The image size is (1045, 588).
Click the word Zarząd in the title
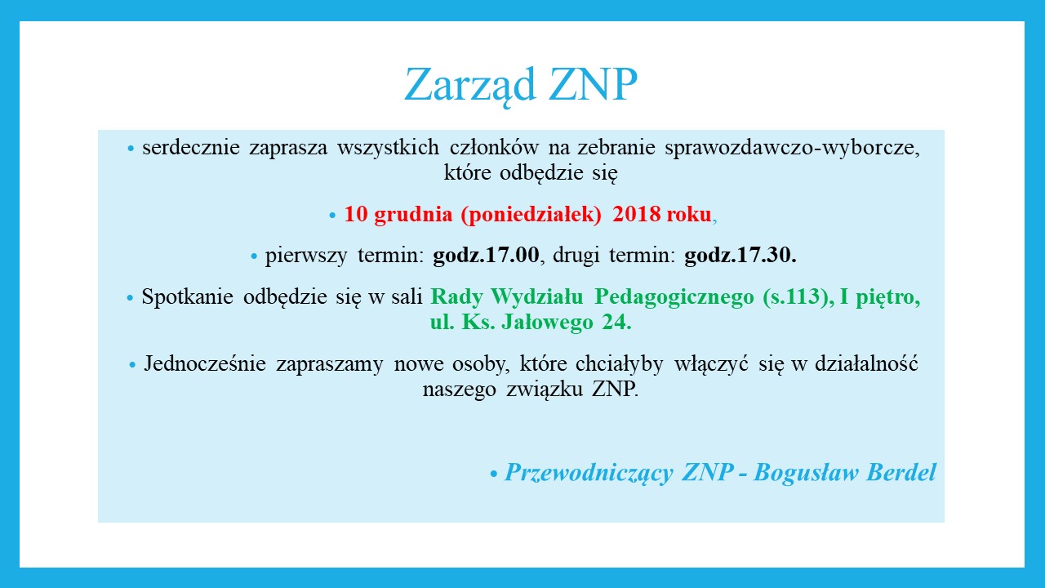[x=462, y=85]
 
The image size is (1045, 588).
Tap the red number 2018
[x=637, y=215]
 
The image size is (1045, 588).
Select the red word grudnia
[x=413, y=215]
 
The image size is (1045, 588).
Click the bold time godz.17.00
[x=487, y=256]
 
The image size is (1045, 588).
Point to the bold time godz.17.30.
[x=740, y=256]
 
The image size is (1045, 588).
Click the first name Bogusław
[x=806, y=473]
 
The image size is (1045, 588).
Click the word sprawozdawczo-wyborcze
[x=793, y=149]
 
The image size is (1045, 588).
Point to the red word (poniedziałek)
[x=531, y=215]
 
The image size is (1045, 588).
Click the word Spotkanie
[x=187, y=297]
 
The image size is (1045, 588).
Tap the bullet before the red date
[x=332, y=216]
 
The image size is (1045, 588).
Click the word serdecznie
[x=190, y=149]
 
